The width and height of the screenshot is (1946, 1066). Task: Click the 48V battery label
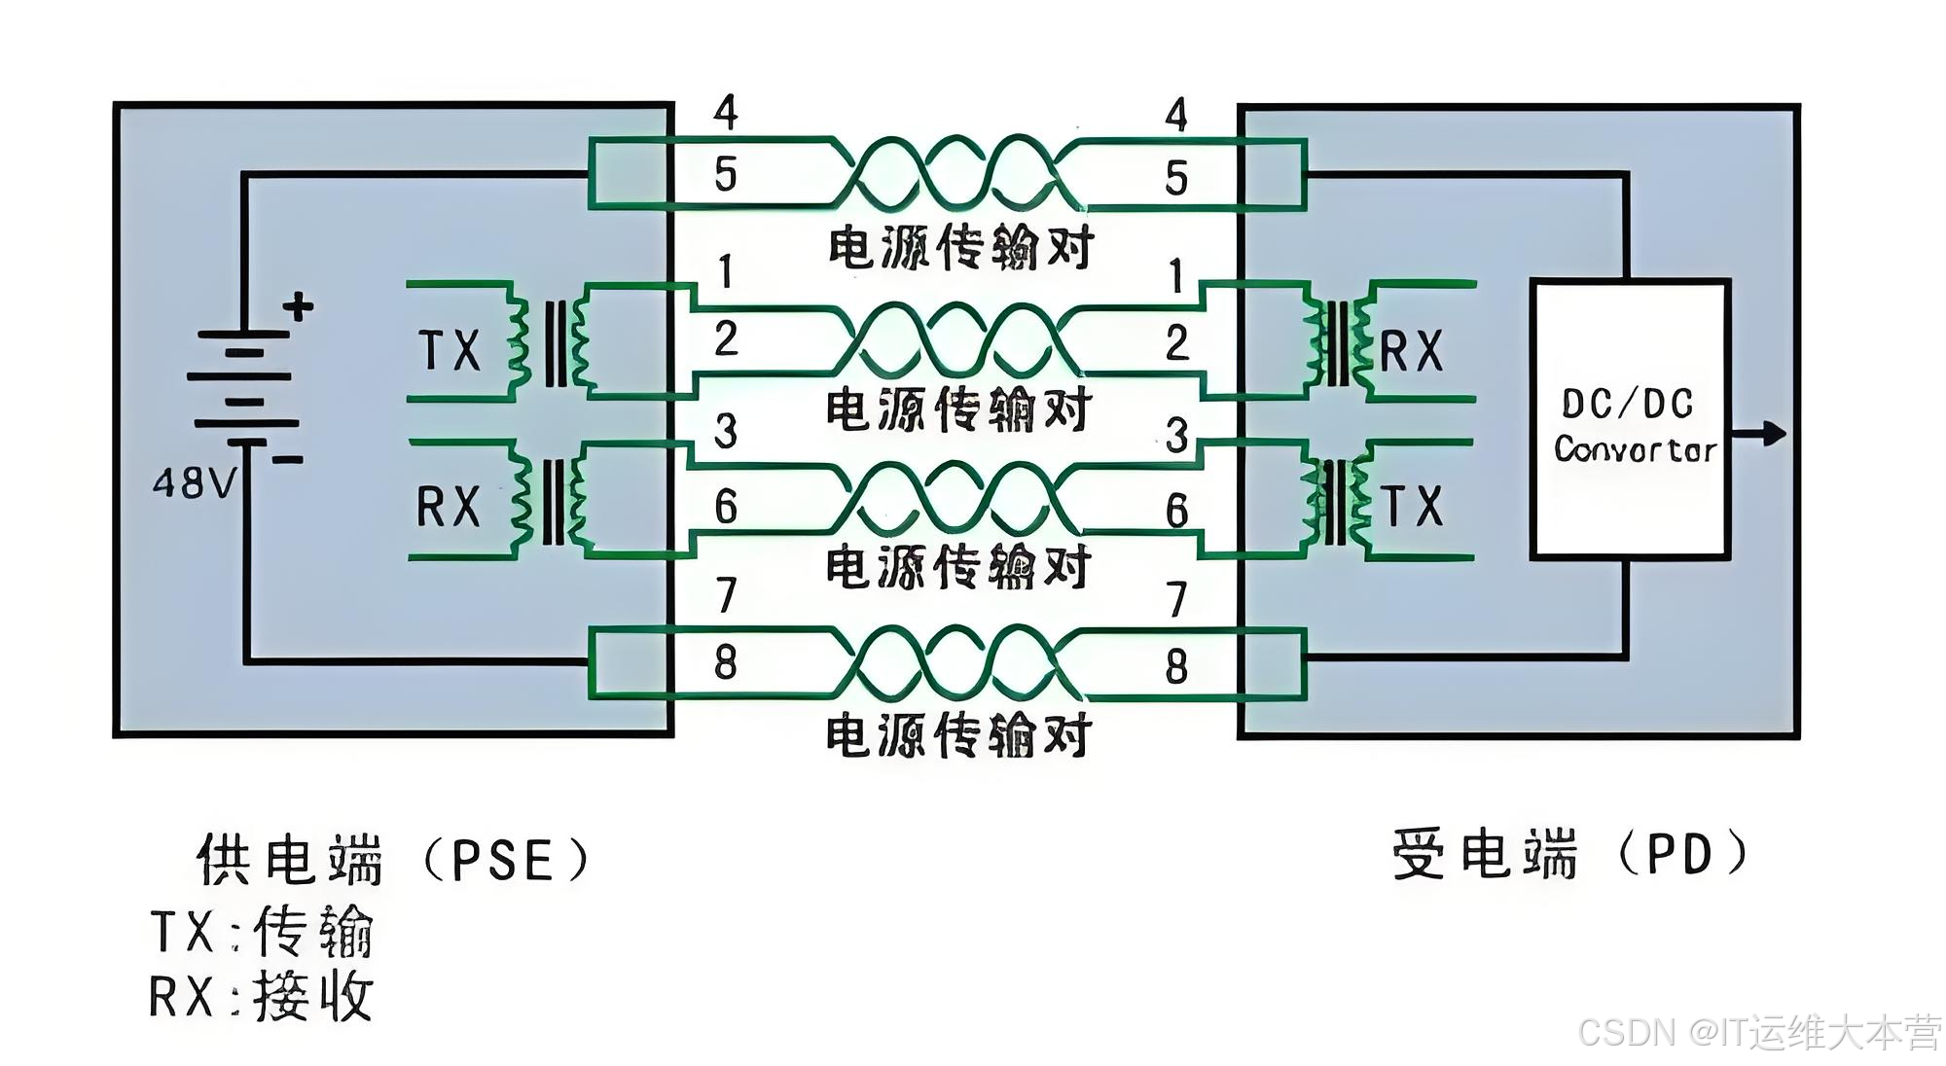click(x=195, y=482)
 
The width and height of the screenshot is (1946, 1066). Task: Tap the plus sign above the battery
click(x=298, y=307)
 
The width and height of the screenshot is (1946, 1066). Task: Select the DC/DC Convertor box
click(x=1630, y=419)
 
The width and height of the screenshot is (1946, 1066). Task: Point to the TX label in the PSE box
click(x=450, y=350)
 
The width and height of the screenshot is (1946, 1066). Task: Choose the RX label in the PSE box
click(x=449, y=507)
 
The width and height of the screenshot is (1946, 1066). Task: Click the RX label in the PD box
click(x=1411, y=351)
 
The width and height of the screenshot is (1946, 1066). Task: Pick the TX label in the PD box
click(x=1413, y=507)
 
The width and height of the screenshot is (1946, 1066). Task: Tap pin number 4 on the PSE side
click(x=726, y=113)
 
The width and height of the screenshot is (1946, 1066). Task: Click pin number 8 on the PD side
click(x=1176, y=667)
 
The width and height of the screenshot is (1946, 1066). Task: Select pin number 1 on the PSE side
click(x=725, y=272)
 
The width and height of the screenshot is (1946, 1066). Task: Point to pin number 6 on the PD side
click(x=1177, y=511)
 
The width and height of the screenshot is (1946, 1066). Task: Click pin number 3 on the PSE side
click(x=726, y=431)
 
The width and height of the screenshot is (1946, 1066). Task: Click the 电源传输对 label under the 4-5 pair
click(x=960, y=248)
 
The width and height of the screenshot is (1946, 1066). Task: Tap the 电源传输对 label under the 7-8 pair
click(x=958, y=735)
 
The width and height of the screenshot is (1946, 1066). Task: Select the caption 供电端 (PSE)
click(x=393, y=859)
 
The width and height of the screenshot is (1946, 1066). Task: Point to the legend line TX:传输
click(x=261, y=932)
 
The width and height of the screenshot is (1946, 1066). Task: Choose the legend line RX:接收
click(x=261, y=997)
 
